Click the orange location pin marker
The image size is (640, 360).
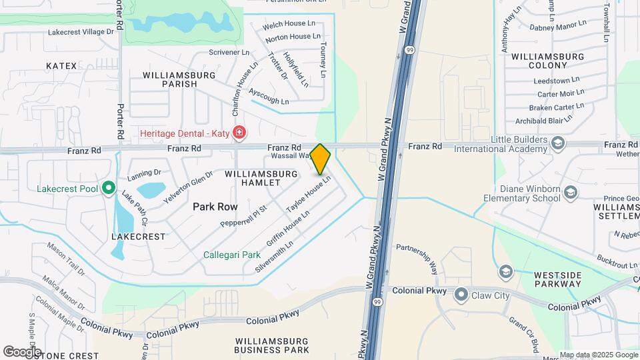click(321, 159)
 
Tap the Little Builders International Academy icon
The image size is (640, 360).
click(557, 143)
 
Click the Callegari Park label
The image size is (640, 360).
click(232, 255)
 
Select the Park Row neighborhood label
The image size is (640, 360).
click(215, 207)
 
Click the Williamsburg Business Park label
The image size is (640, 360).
click(272, 345)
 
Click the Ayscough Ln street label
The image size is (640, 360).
click(269, 95)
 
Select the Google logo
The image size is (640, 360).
click(21, 351)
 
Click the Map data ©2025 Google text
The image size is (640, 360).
click(598, 355)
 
